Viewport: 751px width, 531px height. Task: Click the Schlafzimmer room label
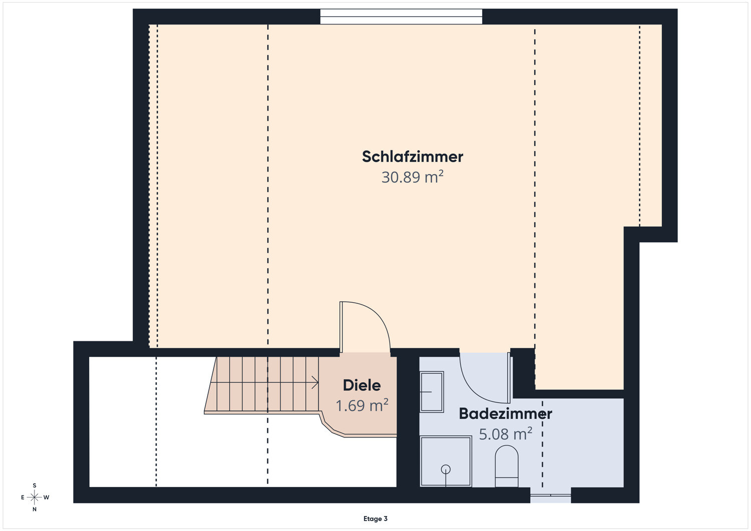(x=413, y=157)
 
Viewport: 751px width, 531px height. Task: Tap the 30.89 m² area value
(x=413, y=177)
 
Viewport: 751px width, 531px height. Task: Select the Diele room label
(x=362, y=385)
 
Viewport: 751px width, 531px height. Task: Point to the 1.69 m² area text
(x=362, y=405)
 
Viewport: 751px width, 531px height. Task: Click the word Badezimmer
(x=505, y=414)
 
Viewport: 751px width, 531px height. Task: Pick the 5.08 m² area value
(x=505, y=434)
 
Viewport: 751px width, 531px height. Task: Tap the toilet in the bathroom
(x=507, y=466)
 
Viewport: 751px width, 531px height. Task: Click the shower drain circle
(x=446, y=469)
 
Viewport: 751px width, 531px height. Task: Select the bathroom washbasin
(x=432, y=391)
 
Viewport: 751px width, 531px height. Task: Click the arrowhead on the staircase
(x=315, y=382)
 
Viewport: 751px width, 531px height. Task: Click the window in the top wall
(x=401, y=17)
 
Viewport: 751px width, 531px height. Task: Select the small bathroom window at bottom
(x=551, y=495)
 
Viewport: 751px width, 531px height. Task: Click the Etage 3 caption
(x=375, y=518)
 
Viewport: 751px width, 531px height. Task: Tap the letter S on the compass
(x=34, y=485)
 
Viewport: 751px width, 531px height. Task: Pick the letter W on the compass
(x=46, y=497)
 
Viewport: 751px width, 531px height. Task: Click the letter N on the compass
(x=34, y=509)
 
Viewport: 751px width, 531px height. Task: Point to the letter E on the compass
(x=23, y=497)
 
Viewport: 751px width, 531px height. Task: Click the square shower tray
(x=446, y=461)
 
